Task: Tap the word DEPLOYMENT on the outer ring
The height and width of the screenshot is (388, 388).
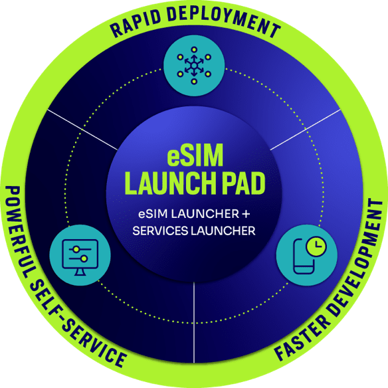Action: [x=224, y=21]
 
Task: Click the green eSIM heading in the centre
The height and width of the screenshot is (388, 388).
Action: [x=195, y=155]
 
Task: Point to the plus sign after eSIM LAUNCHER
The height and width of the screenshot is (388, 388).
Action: [x=246, y=214]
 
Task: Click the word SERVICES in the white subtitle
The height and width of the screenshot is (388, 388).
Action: [x=160, y=231]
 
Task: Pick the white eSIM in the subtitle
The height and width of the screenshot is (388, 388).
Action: [x=153, y=214]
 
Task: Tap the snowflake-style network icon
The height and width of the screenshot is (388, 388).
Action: [x=194, y=66]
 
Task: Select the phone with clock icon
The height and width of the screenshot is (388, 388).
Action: [x=310, y=255]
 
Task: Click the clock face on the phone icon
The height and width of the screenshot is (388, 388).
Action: [x=316, y=246]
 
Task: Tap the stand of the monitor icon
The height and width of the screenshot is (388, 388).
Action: [x=80, y=272]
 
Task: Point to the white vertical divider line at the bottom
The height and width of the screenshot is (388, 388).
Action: [x=194, y=322]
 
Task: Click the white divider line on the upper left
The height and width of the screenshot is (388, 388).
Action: [x=82, y=129]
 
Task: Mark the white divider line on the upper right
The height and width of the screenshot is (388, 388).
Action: [x=306, y=129]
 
